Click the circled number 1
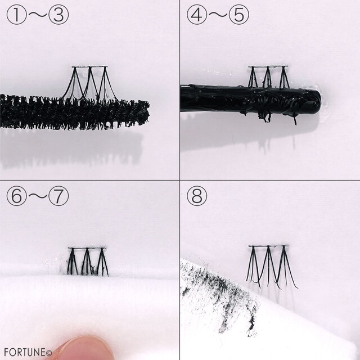[x=17, y=15]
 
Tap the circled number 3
[x=58, y=15]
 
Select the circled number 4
[x=197, y=15]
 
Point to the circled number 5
[x=238, y=15]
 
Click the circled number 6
[x=17, y=196]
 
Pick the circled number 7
[x=58, y=196]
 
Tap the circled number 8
[x=197, y=196]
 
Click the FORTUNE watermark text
[x=28, y=352]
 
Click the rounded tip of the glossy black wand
[x=316, y=101]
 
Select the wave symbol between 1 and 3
[x=38, y=15]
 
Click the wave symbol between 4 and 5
[x=218, y=15]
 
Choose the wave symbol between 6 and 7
[x=38, y=196]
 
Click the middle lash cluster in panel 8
[x=268, y=266]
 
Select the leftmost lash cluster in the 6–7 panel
[x=72, y=262]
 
